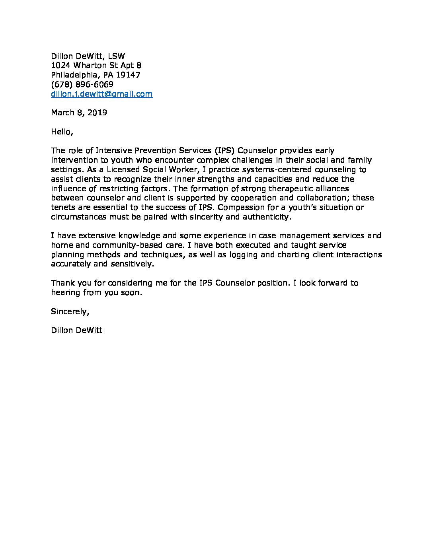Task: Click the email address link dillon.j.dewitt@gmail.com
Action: point(101,94)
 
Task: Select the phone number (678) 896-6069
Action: point(82,84)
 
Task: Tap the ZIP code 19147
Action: point(128,75)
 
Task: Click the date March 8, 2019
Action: point(79,113)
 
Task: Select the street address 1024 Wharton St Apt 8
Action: point(96,65)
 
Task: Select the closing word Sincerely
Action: point(70,311)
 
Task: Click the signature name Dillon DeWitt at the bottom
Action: point(77,330)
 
